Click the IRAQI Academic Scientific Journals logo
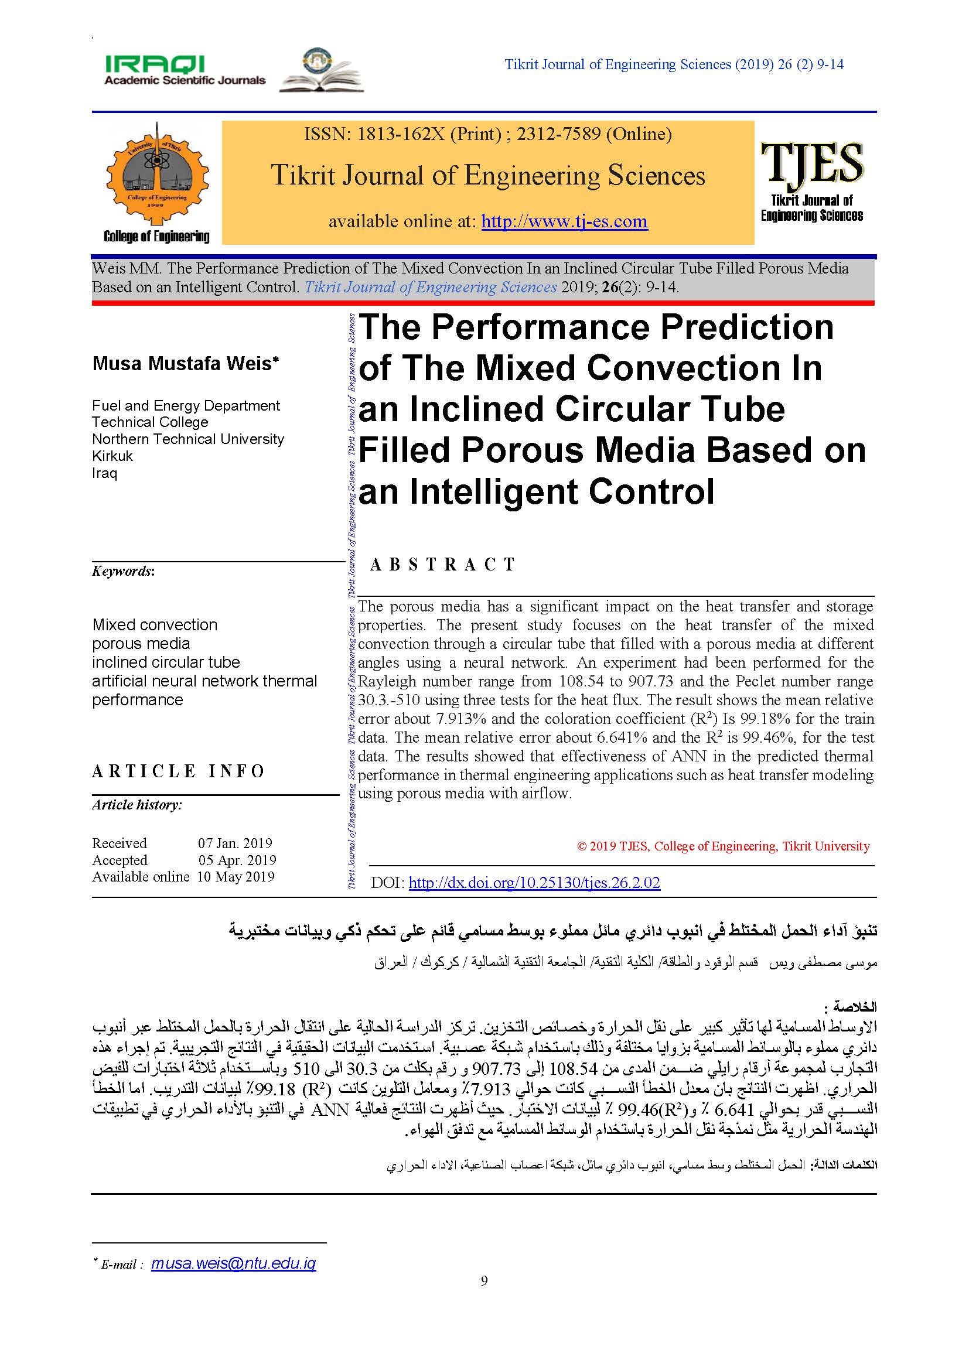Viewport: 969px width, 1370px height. click(185, 70)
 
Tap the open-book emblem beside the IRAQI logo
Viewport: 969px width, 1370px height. click(322, 70)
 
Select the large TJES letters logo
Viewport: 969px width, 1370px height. click(811, 163)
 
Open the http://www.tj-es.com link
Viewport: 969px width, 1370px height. click(564, 221)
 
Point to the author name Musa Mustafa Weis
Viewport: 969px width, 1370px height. click(185, 363)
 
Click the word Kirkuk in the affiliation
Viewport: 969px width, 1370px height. click(112, 456)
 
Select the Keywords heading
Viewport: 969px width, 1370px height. click(123, 571)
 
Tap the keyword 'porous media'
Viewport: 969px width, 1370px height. click(141, 643)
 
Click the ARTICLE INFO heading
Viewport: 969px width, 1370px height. click(178, 771)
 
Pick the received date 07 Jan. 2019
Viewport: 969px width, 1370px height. click(235, 843)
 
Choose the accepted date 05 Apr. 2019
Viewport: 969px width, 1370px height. click(237, 860)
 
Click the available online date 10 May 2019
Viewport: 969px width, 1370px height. click(236, 877)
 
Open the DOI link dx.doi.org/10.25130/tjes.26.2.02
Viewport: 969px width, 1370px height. click(534, 883)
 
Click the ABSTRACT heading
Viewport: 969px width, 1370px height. click(442, 565)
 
